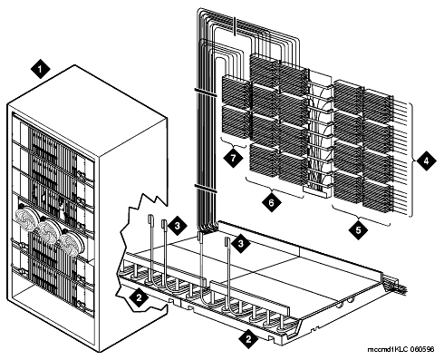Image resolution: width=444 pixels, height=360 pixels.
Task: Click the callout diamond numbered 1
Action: coord(41,69)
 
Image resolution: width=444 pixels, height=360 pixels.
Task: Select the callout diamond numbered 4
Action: coord(427,161)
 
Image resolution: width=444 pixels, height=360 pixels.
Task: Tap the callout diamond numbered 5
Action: coord(359,230)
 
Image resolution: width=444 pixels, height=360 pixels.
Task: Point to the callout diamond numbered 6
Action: coord(271,201)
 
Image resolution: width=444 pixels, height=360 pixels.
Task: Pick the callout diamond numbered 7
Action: coord(232,157)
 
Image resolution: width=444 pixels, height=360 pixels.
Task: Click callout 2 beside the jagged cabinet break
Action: coord(139,297)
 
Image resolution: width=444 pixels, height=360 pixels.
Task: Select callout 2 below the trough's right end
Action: coord(248,339)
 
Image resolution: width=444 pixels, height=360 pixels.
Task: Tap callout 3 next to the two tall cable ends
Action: coord(178,225)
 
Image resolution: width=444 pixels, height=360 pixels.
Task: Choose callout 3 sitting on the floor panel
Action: coord(241,244)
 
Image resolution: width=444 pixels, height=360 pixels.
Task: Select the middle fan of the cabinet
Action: coord(48,231)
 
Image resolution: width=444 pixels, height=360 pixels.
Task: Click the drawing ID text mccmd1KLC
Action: coord(388,349)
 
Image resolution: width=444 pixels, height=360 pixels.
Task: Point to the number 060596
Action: coord(422,349)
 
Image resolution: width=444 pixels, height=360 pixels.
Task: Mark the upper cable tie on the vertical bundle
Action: coord(206,92)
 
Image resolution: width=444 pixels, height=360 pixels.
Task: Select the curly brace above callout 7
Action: coord(233,143)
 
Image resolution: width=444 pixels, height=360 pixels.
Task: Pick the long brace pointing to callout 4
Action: coord(412,160)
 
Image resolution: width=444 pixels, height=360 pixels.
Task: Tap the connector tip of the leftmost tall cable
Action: coord(150,219)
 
